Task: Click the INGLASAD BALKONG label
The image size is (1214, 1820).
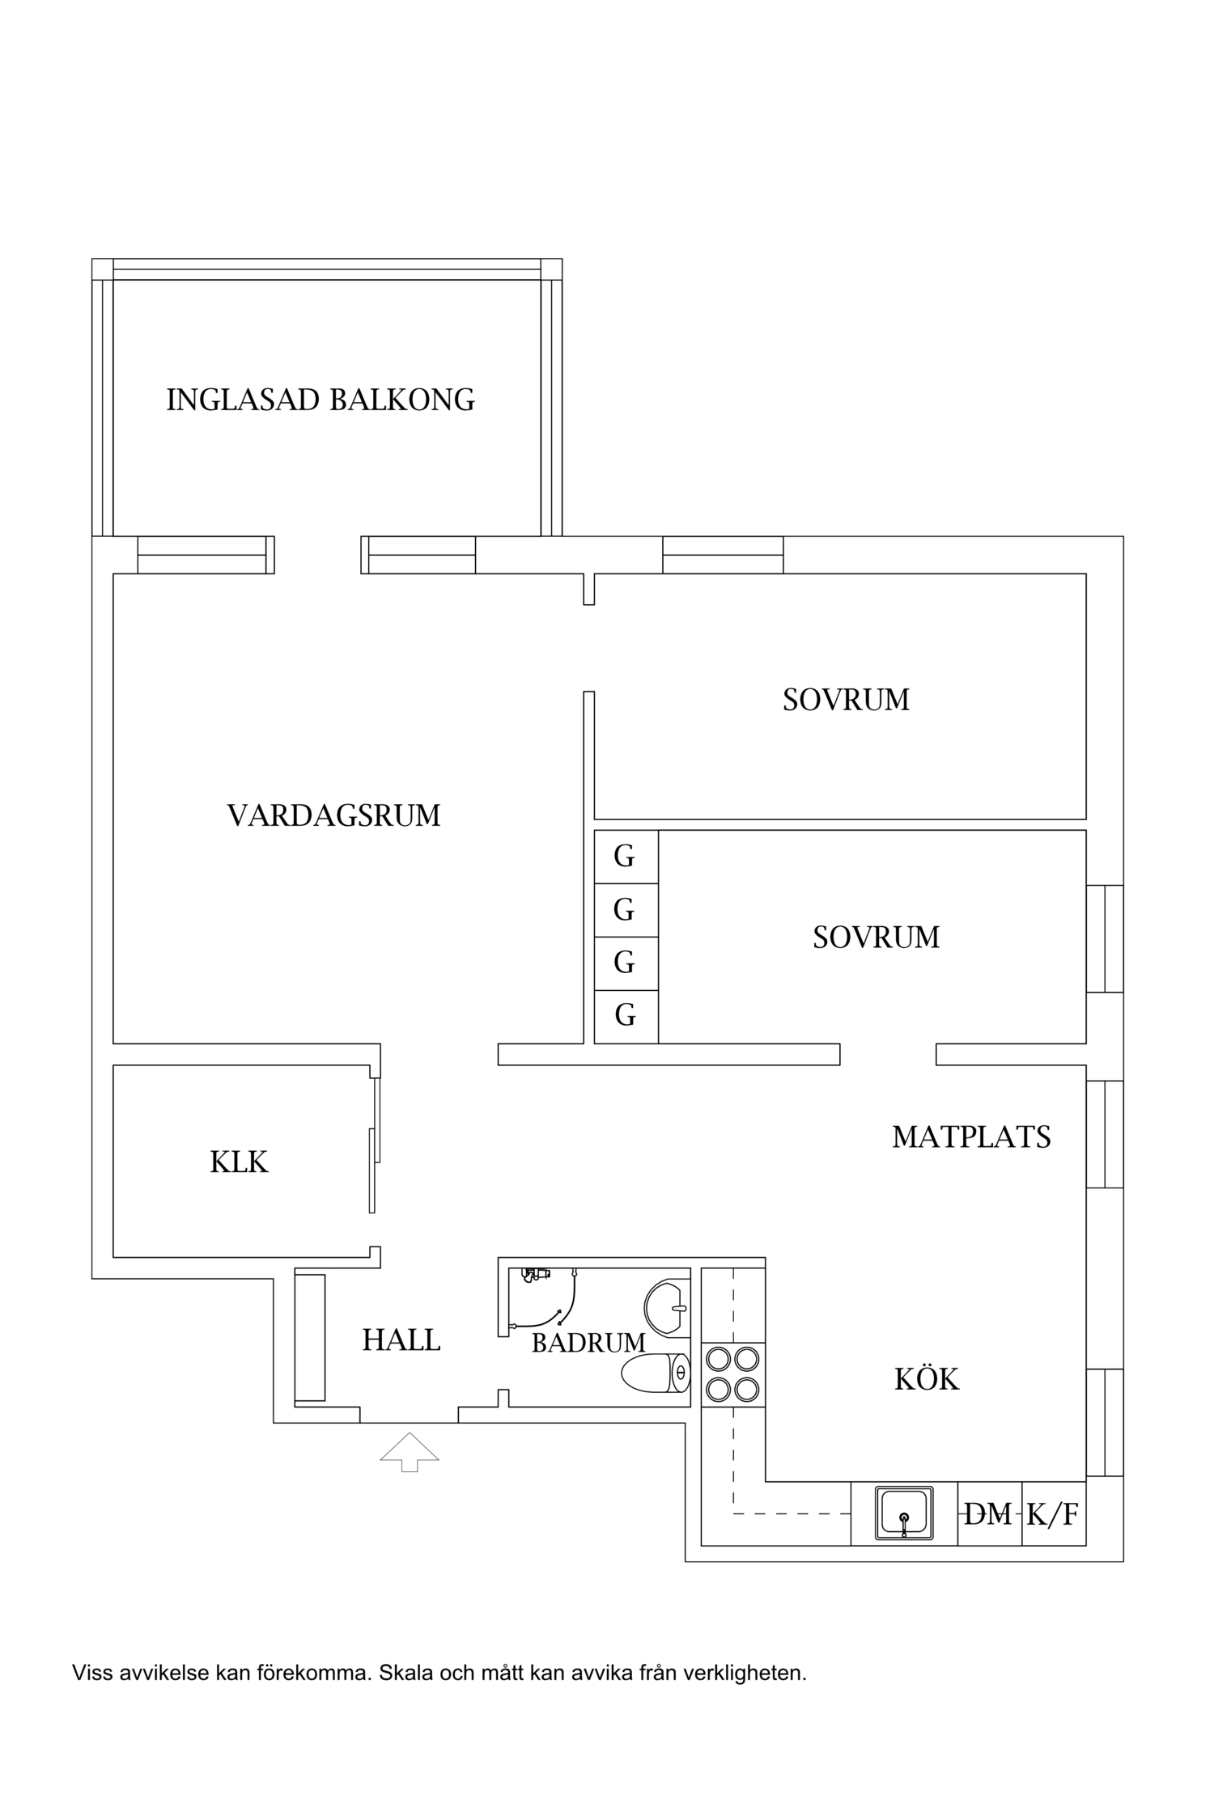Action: click(320, 400)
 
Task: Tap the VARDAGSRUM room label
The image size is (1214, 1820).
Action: click(333, 815)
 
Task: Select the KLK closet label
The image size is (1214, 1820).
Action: click(239, 1162)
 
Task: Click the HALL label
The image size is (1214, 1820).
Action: click(401, 1340)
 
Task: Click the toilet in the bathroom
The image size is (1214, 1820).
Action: click(656, 1373)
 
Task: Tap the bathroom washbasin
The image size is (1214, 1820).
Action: click(668, 1307)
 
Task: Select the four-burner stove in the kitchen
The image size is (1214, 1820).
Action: click(732, 1373)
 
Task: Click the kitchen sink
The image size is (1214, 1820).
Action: click(903, 1513)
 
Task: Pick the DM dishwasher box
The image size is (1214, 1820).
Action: click(989, 1513)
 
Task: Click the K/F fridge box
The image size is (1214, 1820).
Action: click(1053, 1513)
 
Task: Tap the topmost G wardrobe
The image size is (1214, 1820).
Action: click(625, 856)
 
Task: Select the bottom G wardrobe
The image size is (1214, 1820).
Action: click(625, 1014)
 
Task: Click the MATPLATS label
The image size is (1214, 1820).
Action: click(971, 1137)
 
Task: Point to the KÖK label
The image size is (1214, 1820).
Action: click(927, 1379)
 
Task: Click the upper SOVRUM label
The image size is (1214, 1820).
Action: click(846, 700)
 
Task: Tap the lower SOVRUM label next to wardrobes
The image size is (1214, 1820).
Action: click(876, 938)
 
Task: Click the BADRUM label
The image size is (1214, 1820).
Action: click(588, 1343)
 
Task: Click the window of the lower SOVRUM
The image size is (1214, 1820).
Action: click(1105, 938)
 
